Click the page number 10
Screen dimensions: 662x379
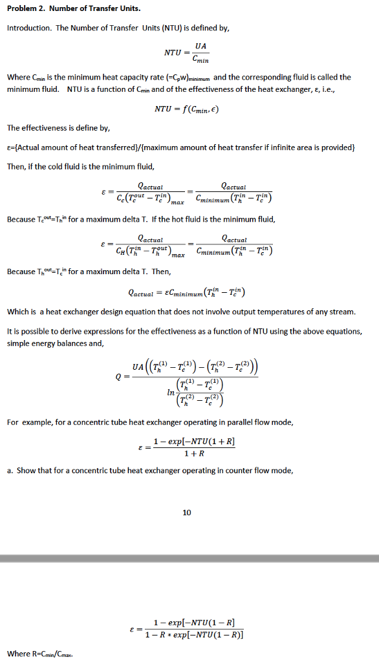[187, 513]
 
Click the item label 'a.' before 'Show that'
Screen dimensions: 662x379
[10, 470]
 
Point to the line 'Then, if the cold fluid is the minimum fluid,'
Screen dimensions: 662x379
[81, 166]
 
